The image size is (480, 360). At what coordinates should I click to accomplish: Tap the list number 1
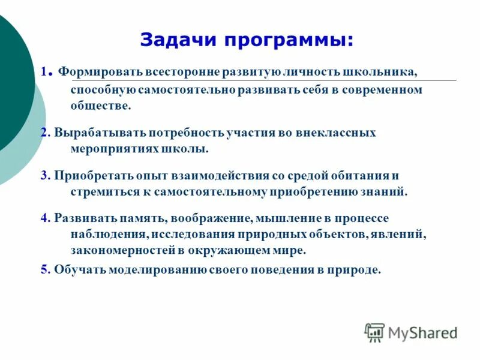(44, 71)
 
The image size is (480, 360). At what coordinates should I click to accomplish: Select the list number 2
(44, 133)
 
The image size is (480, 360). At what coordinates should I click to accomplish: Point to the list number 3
(44, 176)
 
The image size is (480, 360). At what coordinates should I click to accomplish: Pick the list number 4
(44, 218)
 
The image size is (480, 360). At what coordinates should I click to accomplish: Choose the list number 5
(44, 270)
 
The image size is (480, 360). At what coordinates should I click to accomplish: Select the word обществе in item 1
(100, 106)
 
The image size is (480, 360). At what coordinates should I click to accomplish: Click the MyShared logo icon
(374, 332)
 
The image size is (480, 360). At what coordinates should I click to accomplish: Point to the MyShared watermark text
(422, 332)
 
